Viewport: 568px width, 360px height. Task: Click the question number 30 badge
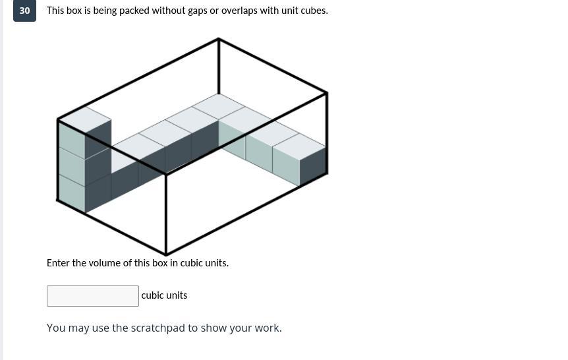tap(24, 11)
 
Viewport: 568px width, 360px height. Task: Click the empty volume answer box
tap(93, 296)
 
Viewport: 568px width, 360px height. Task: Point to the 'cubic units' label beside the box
tap(164, 295)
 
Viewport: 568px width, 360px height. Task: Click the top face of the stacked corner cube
tap(85, 119)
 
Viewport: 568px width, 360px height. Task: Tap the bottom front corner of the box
tap(166, 254)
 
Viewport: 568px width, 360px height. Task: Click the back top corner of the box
tap(218, 39)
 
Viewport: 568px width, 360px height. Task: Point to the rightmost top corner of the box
tap(327, 93)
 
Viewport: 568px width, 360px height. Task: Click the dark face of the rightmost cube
tap(314, 166)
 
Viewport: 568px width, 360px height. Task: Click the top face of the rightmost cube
tap(299, 146)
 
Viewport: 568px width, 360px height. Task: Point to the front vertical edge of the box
tap(166, 214)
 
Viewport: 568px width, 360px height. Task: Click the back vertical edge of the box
tap(218, 66)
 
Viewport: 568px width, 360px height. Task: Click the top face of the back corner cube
tap(218, 107)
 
